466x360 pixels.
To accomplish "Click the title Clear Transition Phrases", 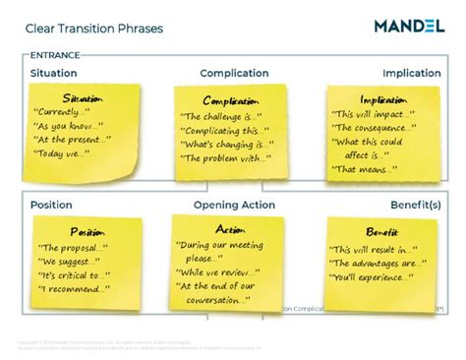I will coord(94,29).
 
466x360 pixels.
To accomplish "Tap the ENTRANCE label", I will coord(55,56).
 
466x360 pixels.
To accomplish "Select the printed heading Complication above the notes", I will coord(234,73).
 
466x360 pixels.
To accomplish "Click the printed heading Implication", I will coord(411,73).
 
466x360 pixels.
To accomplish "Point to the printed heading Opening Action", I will coord(234,205).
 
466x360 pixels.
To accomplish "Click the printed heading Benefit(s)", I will coord(414,205).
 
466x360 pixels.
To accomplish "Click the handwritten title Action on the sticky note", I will coord(229,229).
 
